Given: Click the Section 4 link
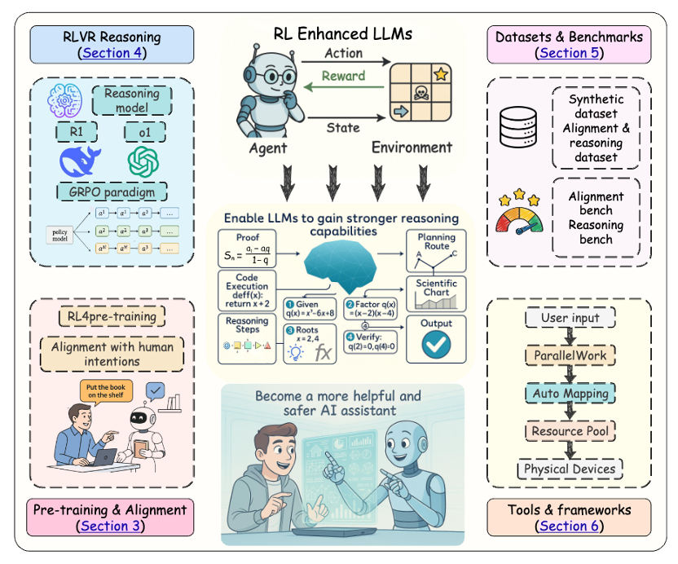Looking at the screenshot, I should (x=112, y=53).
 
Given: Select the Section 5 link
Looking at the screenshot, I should (x=569, y=53).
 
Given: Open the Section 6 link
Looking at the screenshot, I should (x=570, y=526).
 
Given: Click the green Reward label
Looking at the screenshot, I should (x=343, y=76).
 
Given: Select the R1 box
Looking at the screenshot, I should (x=79, y=132).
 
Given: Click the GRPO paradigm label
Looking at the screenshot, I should (x=112, y=192).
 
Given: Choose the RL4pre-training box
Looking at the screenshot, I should (x=112, y=316).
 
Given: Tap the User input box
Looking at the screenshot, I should (x=570, y=318).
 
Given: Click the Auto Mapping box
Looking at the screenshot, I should (x=570, y=393).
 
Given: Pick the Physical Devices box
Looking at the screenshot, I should (x=570, y=469).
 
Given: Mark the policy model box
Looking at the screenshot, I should (x=59, y=236).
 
